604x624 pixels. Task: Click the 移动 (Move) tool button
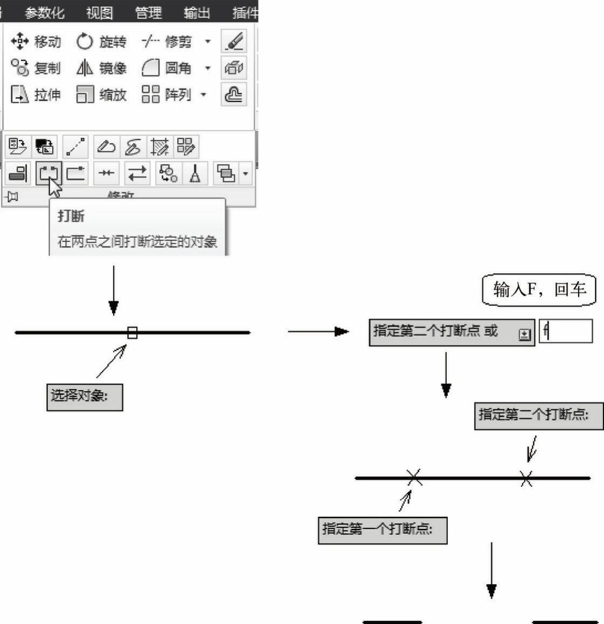point(36,41)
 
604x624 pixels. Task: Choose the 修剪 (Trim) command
point(167,41)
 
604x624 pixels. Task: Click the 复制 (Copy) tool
point(36,68)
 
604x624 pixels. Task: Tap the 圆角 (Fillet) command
point(167,68)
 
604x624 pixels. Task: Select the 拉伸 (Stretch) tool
point(36,95)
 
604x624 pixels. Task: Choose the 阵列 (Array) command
point(167,95)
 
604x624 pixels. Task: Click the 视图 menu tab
point(100,12)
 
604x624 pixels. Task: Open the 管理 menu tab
point(148,12)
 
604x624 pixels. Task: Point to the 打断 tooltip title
point(71,216)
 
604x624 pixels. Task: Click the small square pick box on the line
point(132,332)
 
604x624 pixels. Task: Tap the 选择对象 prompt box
point(85,397)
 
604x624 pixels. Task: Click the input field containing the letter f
point(566,331)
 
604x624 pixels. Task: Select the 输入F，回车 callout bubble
point(539,290)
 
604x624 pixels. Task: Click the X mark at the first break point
point(414,477)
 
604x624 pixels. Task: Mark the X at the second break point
point(526,478)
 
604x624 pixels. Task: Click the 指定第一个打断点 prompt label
point(382,530)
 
